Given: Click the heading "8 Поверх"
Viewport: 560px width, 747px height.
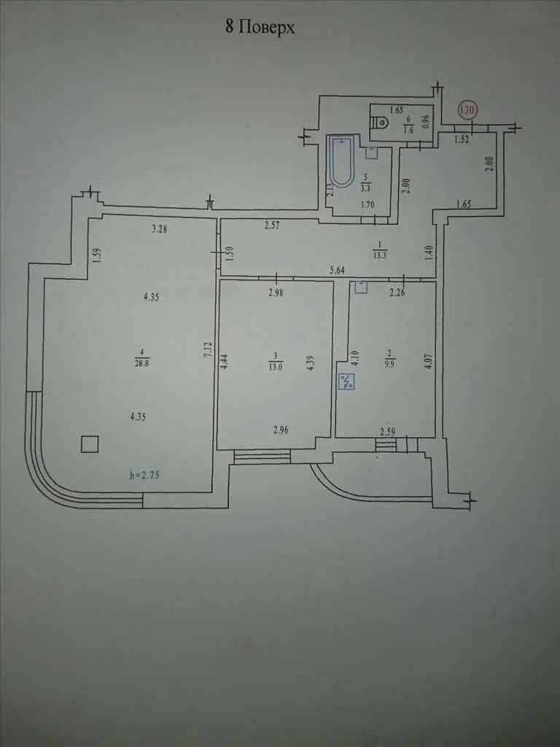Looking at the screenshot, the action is pyautogui.click(x=260, y=27).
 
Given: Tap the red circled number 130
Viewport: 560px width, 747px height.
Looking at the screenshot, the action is pyautogui.click(x=467, y=110).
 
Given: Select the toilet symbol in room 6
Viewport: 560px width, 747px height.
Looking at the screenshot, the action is pyautogui.click(x=382, y=123).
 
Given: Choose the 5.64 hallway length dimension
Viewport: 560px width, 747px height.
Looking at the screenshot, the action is pyautogui.click(x=337, y=270).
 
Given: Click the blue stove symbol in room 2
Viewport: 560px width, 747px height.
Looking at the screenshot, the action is pyautogui.click(x=346, y=382).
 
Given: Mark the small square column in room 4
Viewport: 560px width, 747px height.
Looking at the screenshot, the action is pyautogui.click(x=90, y=444).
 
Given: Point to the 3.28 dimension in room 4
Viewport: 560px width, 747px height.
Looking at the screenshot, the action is pyautogui.click(x=160, y=229).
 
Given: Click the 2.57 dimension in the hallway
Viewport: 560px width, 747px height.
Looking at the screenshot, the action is pyautogui.click(x=273, y=225).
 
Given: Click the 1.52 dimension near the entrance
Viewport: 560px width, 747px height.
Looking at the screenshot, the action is pyautogui.click(x=462, y=139).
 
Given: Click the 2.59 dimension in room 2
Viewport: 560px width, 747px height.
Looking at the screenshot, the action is pyautogui.click(x=387, y=433).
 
